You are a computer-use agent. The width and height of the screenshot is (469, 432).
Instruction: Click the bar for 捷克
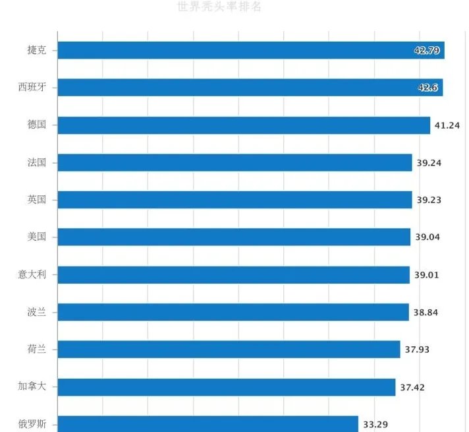pos(250,50)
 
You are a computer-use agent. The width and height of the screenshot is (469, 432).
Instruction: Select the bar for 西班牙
pos(250,87)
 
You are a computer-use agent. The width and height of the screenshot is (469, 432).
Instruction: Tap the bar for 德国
pos(244,125)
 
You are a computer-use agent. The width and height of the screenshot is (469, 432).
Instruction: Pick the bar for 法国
pos(234,162)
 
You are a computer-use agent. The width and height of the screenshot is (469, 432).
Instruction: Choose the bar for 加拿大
pos(226,387)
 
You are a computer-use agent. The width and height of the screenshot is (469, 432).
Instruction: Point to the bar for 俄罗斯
pos(207,423)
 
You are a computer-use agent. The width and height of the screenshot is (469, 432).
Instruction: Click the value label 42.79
pos(427,50)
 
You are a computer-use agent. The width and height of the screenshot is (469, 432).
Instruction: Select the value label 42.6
pos(428,87)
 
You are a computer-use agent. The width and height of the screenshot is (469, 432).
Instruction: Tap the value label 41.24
pos(447,125)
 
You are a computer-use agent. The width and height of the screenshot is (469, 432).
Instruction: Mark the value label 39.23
pos(429,199)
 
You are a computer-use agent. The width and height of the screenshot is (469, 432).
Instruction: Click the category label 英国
pos(37,199)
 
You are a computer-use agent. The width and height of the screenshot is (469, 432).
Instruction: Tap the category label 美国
pos(37,237)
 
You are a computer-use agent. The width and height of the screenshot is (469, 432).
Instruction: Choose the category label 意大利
pos(32,274)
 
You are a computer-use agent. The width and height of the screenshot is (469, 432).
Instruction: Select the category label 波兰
pos(37,312)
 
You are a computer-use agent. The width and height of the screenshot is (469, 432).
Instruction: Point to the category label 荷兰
pos(37,350)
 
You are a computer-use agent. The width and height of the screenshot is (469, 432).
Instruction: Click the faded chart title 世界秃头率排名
pos(219,7)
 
